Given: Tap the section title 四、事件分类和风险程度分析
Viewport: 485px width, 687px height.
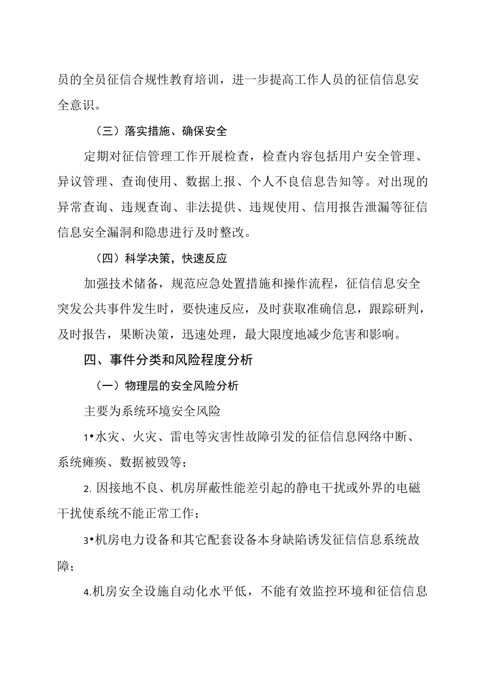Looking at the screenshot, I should point(168,360).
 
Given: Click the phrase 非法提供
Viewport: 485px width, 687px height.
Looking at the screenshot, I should point(210,208).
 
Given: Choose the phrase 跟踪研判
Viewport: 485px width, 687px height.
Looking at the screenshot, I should point(388,309).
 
